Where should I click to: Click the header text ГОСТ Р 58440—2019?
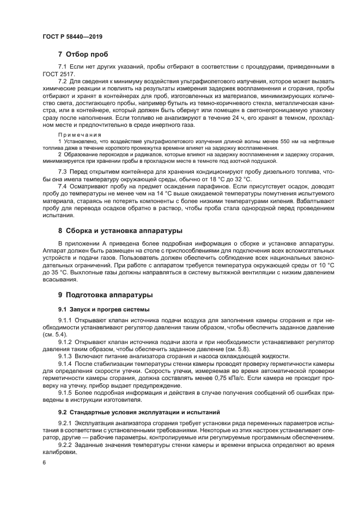pos(72,36)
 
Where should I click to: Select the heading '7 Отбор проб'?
pos(83,54)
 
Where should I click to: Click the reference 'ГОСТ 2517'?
pos(57,73)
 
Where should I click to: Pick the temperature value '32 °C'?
pos(239,179)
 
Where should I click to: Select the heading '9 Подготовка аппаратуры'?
pos(105,295)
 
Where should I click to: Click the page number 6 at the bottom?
pos(45,462)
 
